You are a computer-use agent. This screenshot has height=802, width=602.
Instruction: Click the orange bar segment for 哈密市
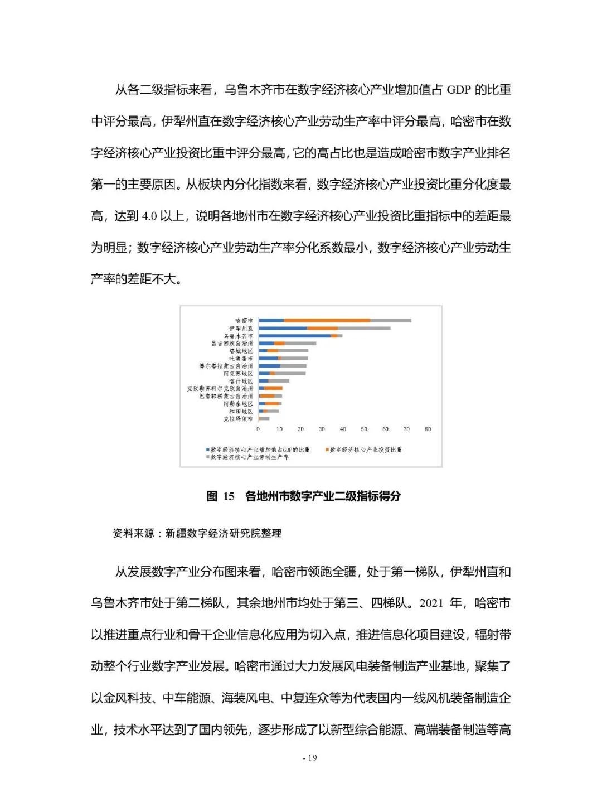point(327,321)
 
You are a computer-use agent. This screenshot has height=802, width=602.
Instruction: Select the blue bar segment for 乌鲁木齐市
point(294,336)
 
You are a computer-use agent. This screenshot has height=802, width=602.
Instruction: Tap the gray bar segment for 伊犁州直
point(364,328)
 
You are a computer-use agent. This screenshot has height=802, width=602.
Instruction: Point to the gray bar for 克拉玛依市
point(264,418)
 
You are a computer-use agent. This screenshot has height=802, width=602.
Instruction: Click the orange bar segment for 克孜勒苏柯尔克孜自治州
point(273,388)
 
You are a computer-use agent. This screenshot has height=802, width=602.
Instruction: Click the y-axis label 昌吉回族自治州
point(232,344)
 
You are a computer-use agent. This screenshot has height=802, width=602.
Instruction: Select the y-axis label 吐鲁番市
point(241,359)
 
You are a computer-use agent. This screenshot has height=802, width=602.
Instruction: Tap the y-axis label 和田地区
point(241,411)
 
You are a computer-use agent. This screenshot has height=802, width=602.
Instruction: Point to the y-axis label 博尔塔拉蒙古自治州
point(226,366)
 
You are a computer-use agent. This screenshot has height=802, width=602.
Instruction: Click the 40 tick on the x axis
point(343,429)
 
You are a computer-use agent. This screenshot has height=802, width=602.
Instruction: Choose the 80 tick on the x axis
point(428,429)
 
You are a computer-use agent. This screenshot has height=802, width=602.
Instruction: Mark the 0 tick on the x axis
point(258,429)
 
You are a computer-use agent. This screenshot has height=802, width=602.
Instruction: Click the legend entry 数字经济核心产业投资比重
point(365,450)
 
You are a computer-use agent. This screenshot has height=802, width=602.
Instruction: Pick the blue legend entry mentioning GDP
point(259,450)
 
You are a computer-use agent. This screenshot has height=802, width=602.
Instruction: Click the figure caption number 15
point(229,496)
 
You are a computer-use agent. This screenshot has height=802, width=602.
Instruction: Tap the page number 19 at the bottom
point(312,758)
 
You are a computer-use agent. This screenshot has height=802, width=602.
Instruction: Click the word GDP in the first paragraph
point(460,90)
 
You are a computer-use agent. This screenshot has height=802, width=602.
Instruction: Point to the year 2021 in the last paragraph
point(433,603)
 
